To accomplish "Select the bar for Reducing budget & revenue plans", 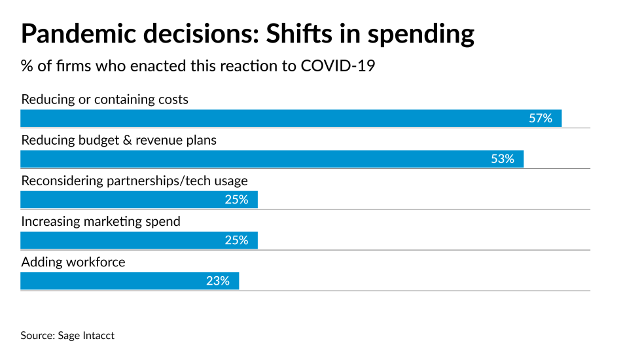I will [x=272, y=159].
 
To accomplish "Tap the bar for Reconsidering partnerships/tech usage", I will [x=139, y=200].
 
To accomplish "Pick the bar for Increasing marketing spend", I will [x=139, y=240].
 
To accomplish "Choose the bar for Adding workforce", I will [x=130, y=281].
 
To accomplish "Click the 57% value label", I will [x=541, y=118].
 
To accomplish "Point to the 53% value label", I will [x=503, y=159].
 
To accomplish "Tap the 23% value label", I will [x=218, y=281].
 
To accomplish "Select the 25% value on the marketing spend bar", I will [x=236, y=240].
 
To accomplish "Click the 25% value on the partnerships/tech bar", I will [x=236, y=200].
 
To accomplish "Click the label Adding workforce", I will [x=73, y=262].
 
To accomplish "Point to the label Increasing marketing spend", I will [x=101, y=222].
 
